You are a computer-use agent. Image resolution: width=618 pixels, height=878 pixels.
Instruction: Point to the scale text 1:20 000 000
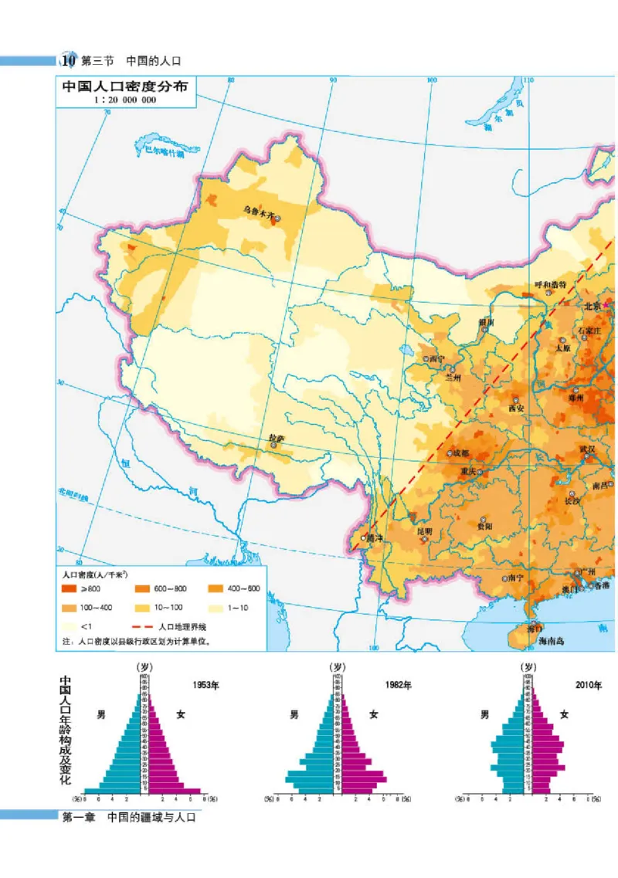tap(124, 100)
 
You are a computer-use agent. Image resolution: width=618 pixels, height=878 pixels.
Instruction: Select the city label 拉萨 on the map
tap(277, 439)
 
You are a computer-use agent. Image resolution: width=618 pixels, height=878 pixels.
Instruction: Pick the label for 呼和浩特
tap(550, 284)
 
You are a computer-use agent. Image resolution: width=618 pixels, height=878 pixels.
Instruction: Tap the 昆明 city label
tap(425, 532)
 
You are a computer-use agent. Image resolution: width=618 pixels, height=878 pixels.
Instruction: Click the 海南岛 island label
tap(553, 641)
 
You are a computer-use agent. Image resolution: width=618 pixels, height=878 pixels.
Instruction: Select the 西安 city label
tap(516, 408)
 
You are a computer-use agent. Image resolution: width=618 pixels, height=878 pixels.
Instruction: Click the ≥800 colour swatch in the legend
tap(71, 589)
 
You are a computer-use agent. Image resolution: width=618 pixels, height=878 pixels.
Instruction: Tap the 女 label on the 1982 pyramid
tap(374, 715)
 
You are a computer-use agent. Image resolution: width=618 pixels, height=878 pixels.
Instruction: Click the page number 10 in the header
tap(68, 59)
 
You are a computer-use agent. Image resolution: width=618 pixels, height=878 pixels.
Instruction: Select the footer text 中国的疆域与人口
tap(152, 817)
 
